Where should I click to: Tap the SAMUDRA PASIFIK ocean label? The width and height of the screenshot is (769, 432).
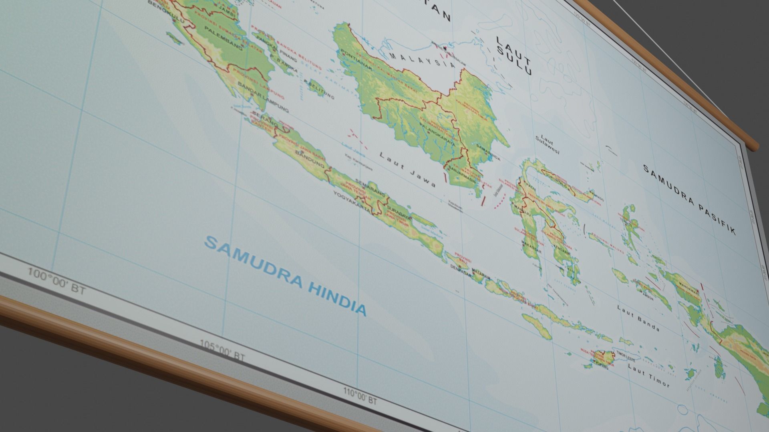point(689,199)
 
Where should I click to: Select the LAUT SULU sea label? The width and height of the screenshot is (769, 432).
point(514,56)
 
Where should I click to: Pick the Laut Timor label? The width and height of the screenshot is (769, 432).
point(648,375)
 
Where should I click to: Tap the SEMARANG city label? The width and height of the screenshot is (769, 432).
point(368,186)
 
